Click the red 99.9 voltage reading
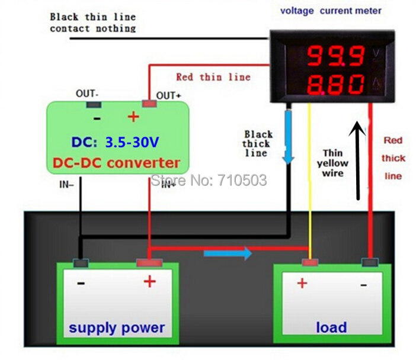click(335, 56)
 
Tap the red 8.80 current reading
click(335, 85)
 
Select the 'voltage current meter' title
click(331, 11)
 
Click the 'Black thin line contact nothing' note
click(92, 22)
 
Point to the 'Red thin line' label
click(213, 77)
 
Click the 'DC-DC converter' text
click(117, 163)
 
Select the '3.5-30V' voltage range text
click(132, 143)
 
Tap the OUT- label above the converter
click(87, 94)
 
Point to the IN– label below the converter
click(67, 184)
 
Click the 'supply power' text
click(117, 327)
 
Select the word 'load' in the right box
click(331, 327)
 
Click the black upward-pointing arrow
click(357, 160)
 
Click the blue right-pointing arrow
click(228, 253)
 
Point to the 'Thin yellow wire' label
click(332, 163)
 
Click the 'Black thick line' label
click(258, 144)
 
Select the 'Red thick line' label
click(393, 158)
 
